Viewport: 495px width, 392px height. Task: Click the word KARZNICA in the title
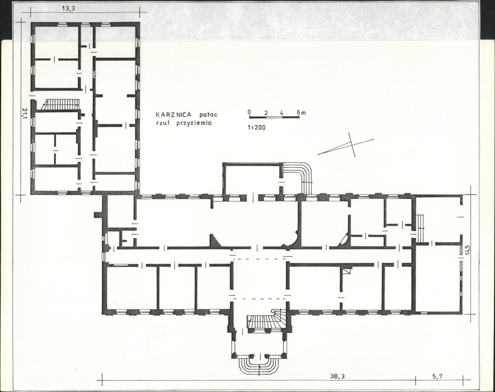click(171, 115)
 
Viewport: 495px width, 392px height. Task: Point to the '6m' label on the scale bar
click(301, 112)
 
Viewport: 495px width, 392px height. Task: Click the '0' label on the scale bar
click(249, 112)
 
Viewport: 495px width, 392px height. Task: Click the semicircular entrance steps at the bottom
click(258, 366)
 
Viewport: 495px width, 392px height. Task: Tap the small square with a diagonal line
click(347, 271)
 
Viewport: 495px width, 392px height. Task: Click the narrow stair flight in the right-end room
click(420, 228)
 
